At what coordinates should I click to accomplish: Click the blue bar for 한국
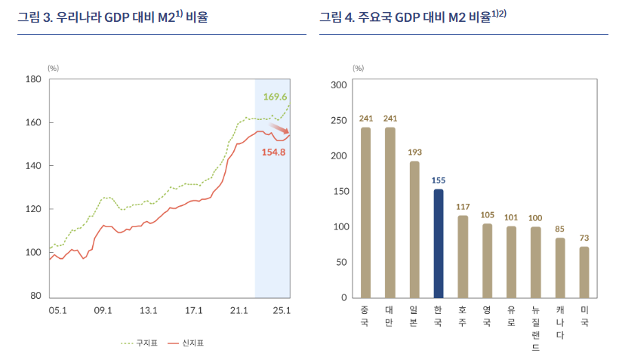pos(439,243)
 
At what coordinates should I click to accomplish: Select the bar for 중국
pos(365,212)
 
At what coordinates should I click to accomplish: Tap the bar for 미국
pos(584,272)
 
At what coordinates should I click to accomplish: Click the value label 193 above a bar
pos(414,152)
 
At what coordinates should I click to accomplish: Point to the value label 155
pos(439,180)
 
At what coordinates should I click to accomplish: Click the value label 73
pos(584,238)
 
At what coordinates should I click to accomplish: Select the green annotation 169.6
pos(275,97)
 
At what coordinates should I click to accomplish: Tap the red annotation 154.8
pos(273,152)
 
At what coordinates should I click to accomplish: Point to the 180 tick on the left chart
pos(33,79)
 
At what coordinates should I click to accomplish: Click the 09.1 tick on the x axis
pos(103,309)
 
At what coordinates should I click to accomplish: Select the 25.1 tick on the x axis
pos(282,309)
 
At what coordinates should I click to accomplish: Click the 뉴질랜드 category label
pos(535,328)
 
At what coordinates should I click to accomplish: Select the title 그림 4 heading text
pos(412,17)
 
